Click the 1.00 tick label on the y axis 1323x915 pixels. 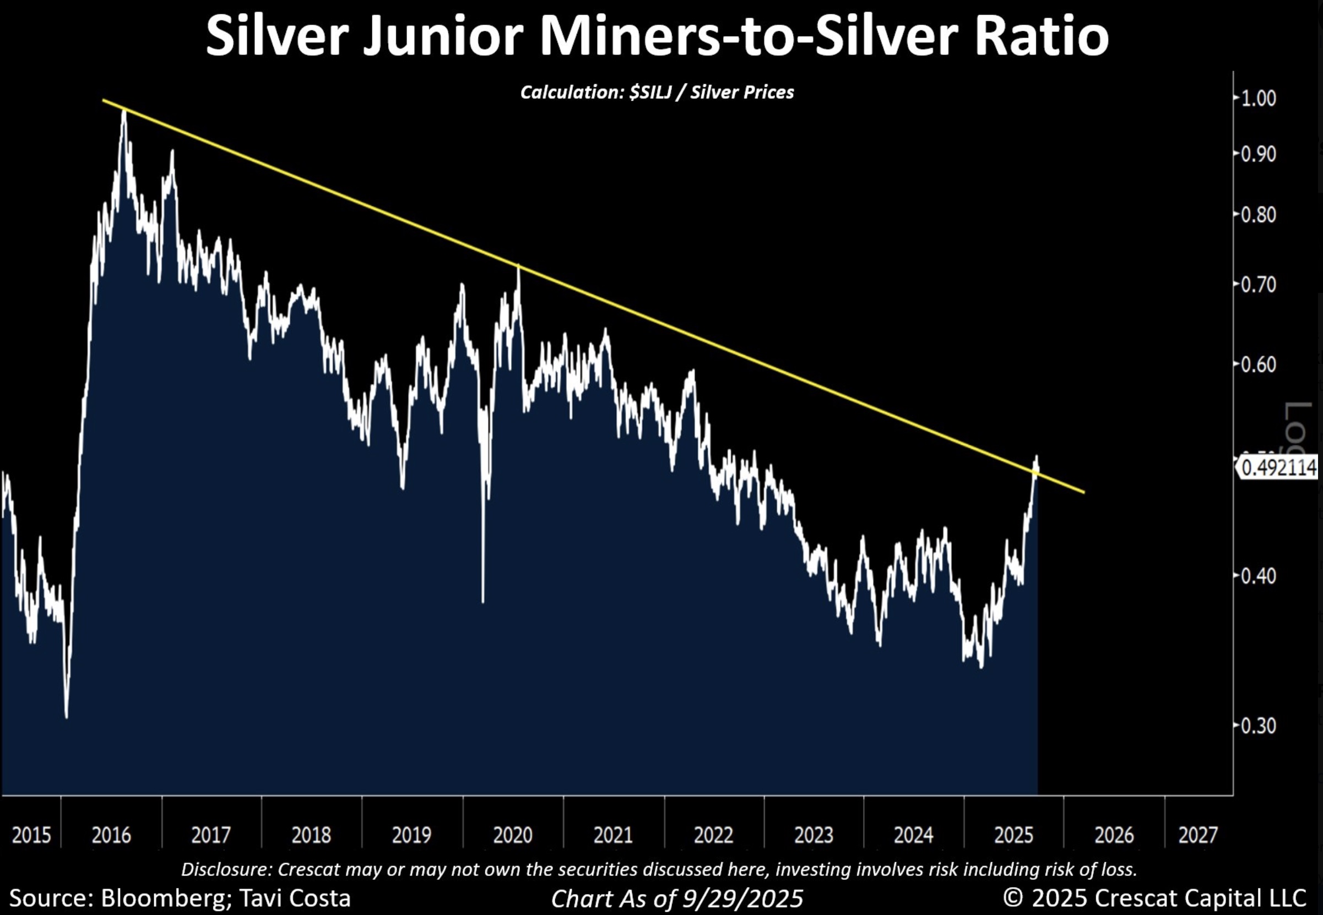click(x=1258, y=99)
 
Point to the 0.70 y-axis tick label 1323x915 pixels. click(x=1258, y=285)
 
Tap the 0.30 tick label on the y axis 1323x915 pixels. click(x=1258, y=726)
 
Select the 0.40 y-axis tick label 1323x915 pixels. click(x=1258, y=576)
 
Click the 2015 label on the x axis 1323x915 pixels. click(x=31, y=835)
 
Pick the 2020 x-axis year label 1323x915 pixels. click(x=513, y=835)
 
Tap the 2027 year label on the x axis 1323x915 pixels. click(x=1197, y=835)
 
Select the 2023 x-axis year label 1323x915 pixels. click(x=813, y=835)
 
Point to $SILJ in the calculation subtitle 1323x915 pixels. click(x=650, y=92)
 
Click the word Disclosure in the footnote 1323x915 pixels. click(x=226, y=870)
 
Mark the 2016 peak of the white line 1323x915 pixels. click(x=124, y=111)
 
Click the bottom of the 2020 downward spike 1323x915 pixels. click(x=483, y=601)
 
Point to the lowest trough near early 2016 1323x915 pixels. click(x=67, y=717)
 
